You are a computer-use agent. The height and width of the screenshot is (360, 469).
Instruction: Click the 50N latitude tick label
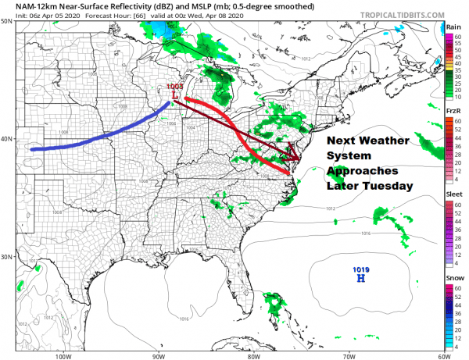tap(8, 23)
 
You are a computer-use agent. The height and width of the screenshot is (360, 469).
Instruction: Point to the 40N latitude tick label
tap(8, 139)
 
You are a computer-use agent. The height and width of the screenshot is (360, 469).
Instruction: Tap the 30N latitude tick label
tap(8, 257)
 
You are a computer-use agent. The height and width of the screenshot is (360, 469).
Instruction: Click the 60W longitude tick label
tap(442, 355)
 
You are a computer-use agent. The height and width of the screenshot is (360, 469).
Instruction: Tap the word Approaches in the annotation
tap(363, 170)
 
